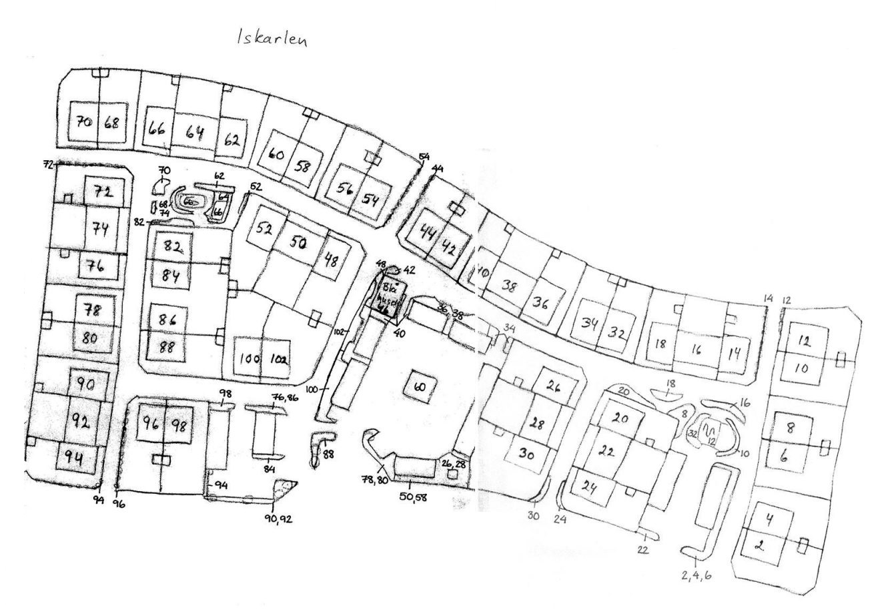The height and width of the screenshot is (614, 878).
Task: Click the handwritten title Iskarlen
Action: [272, 39]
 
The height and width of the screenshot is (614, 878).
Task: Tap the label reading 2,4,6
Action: [696, 575]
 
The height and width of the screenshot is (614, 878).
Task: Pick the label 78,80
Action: [376, 480]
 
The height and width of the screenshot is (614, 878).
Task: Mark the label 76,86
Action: [284, 398]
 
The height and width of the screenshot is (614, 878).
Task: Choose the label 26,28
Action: [453, 464]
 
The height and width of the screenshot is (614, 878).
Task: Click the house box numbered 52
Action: [265, 229]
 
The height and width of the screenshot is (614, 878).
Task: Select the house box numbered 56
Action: [345, 190]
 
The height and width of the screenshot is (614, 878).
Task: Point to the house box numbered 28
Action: [536, 422]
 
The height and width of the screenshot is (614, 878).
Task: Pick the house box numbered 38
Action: [510, 286]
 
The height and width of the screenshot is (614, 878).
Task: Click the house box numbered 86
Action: [167, 319]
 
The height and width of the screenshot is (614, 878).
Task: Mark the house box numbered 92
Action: [81, 421]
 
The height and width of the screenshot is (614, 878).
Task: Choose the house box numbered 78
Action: [91, 310]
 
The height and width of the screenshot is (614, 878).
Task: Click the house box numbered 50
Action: [298, 244]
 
